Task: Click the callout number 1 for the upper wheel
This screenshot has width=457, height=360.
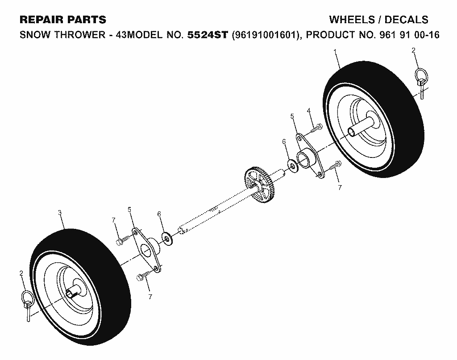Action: pyautogui.click(x=335, y=52)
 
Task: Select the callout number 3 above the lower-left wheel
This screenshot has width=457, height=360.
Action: pyautogui.click(x=60, y=213)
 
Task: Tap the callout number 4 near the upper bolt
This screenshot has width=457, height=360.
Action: pyautogui.click(x=309, y=110)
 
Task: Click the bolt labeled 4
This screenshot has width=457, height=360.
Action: pyautogui.click(x=316, y=128)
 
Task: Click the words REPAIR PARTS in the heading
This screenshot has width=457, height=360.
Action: pyautogui.click(x=63, y=20)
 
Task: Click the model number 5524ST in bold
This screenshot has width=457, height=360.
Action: pyautogui.click(x=207, y=35)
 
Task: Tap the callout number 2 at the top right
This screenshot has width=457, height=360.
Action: pyautogui.click(x=414, y=50)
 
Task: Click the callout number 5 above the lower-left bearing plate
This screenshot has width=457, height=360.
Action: pyautogui.click(x=129, y=210)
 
